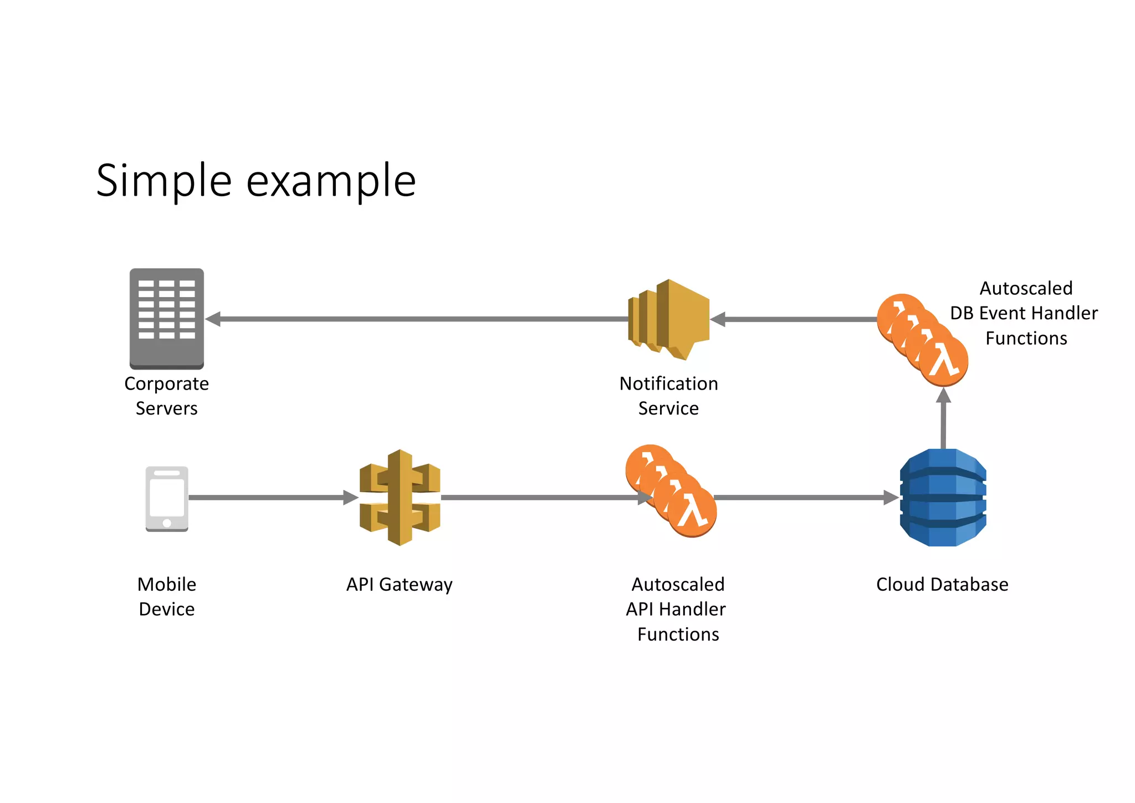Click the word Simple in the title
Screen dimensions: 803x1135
(x=163, y=181)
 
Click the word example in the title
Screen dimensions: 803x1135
(x=331, y=181)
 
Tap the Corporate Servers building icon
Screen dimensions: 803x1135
(x=167, y=318)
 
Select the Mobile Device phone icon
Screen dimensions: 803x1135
(x=167, y=499)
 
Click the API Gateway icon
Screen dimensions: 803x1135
(x=400, y=497)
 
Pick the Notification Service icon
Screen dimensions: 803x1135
(x=669, y=320)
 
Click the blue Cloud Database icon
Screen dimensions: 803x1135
(x=943, y=498)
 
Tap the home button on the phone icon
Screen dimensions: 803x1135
(x=167, y=523)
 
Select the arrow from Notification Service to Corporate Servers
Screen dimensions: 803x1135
(x=416, y=319)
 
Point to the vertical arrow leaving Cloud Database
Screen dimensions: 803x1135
(x=943, y=421)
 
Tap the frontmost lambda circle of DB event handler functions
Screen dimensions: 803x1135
(x=944, y=361)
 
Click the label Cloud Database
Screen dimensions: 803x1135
(x=942, y=585)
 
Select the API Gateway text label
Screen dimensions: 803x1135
(x=400, y=585)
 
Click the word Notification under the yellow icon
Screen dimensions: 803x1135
(x=668, y=383)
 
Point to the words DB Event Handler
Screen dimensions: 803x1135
(x=1024, y=313)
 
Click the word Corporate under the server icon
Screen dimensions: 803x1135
(x=166, y=383)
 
